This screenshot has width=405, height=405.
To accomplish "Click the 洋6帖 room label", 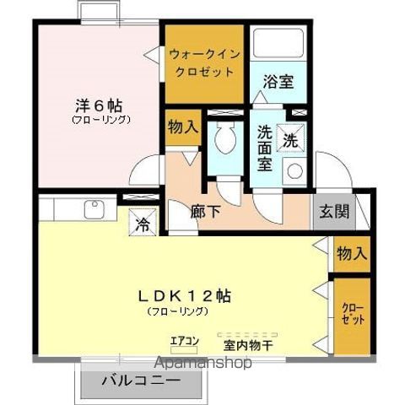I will click(x=100, y=107).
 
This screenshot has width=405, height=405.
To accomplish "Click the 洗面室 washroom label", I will click(x=265, y=148).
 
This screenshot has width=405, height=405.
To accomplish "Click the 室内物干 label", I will click(x=248, y=344).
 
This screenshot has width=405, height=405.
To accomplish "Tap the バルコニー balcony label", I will click(x=141, y=381).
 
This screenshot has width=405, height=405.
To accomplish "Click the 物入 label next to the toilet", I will click(x=182, y=128).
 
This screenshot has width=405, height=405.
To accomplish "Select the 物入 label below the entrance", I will click(x=352, y=252).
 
